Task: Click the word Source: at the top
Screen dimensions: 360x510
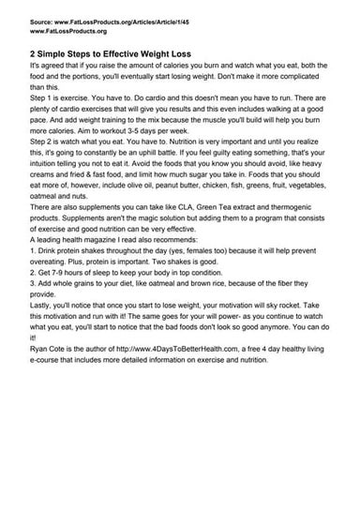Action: click(42, 19)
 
